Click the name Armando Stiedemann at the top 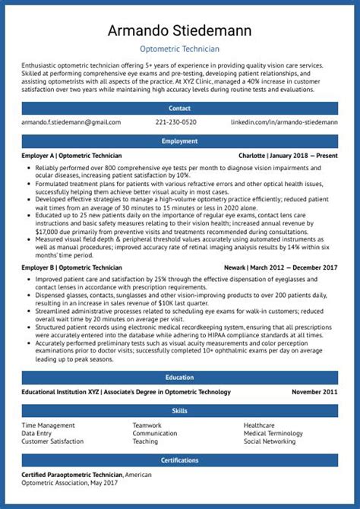click(x=180, y=31)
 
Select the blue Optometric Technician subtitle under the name click(x=180, y=49)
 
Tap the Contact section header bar click(x=180, y=108)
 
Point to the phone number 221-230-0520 click(x=175, y=122)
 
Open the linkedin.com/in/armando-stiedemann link click(x=284, y=122)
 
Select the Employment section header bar click(x=180, y=141)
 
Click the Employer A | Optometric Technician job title click(x=71, y=155)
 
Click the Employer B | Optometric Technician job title click(x=71, y=267)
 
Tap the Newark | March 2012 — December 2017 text click(x=281, y=267)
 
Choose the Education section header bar click(x=180, y=378)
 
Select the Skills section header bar click(x=180, y=410)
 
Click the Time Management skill click(x=48, y=425)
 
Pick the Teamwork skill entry click(x=147, y=425)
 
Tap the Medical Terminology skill click(x=273, y=433)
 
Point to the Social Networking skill click(x=270, y=441)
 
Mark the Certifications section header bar click(x=180, y=460)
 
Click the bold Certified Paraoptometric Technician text click(x=72, y=475)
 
